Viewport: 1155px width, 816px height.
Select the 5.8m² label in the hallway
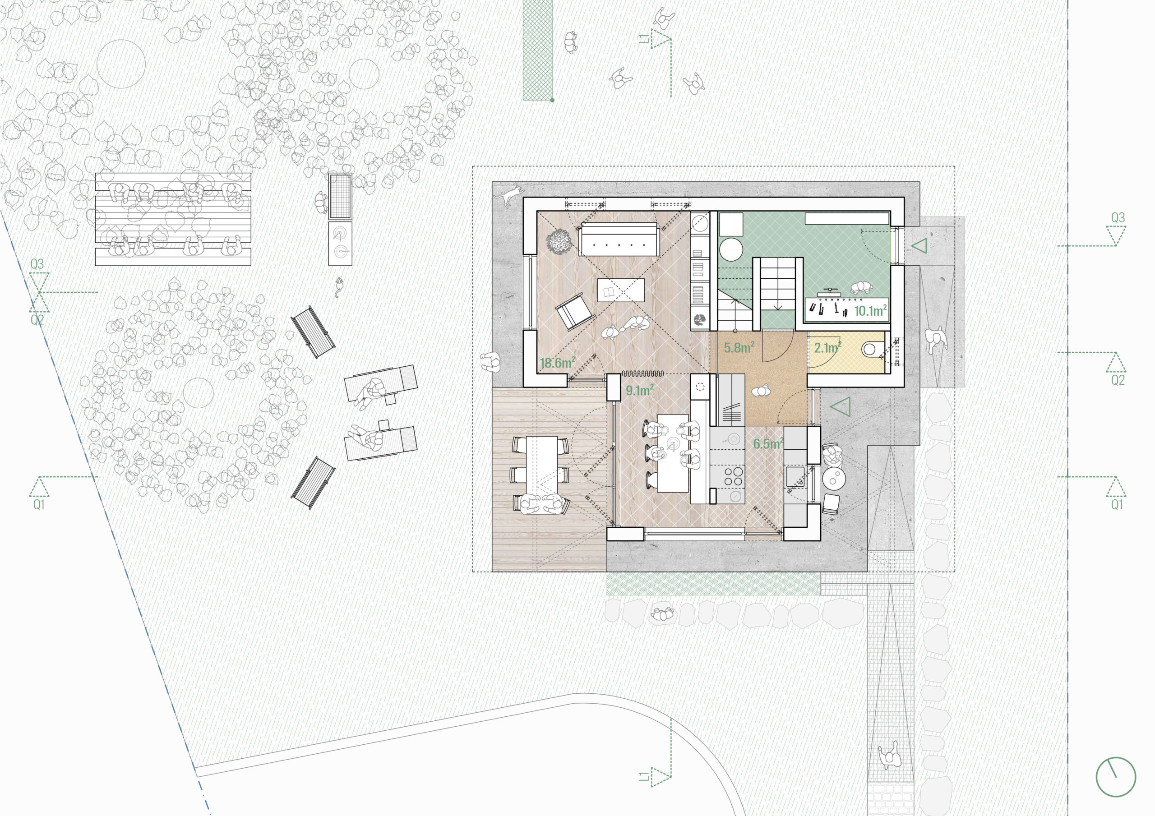coord(739,347)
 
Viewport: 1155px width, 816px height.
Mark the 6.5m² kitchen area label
coord(768,444)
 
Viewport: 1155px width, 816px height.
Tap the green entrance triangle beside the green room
coord(919,246)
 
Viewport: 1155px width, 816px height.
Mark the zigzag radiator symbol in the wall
coord(643,373)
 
